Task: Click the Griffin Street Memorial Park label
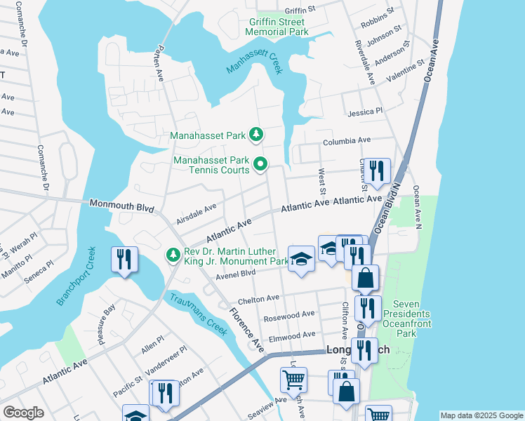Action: (279, 27)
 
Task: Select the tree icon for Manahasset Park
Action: (258, 133)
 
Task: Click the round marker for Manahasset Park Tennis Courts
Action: (260, 165)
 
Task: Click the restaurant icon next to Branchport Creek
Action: (121, 259)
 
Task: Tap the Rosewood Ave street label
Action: (288, 316)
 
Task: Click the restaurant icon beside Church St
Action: (377, 171)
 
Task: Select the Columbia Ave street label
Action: (346, 142)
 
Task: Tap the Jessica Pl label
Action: (365, 112)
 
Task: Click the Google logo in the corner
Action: (23, 413)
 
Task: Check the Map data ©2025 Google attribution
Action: (481, 415)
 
